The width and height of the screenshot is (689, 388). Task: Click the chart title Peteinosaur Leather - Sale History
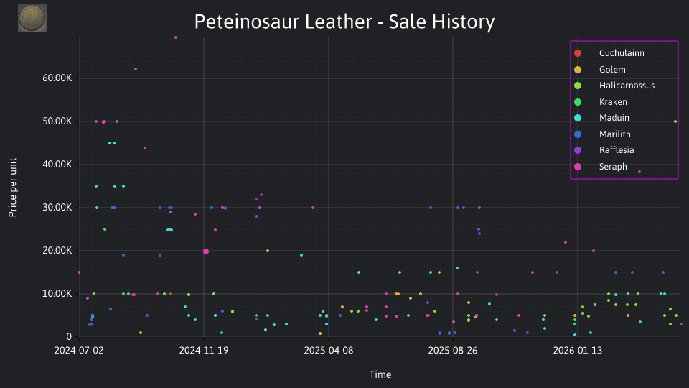[344, 22]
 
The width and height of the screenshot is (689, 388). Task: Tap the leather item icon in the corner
[32, 18]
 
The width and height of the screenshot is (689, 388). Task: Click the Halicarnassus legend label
[627, 86]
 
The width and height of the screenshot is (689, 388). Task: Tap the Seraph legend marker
[578, 166]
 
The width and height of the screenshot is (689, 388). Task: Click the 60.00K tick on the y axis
[57, 78]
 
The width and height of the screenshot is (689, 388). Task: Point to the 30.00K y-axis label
[57, 207]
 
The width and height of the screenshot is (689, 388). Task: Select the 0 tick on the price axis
[69, 336]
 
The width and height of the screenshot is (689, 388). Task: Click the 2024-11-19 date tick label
[203, 351]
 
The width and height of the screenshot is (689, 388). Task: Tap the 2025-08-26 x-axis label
[453, 351]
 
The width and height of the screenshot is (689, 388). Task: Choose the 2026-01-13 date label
[577, 351]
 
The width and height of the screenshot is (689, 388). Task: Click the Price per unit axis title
[13, 188]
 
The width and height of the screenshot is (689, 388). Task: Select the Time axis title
[380, 374]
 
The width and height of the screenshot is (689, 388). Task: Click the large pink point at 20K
[206, 251]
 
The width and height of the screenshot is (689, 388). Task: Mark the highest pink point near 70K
[176, 37]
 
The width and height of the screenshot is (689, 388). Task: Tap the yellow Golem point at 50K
[675, 121]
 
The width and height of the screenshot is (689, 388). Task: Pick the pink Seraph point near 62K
[136, 69]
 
